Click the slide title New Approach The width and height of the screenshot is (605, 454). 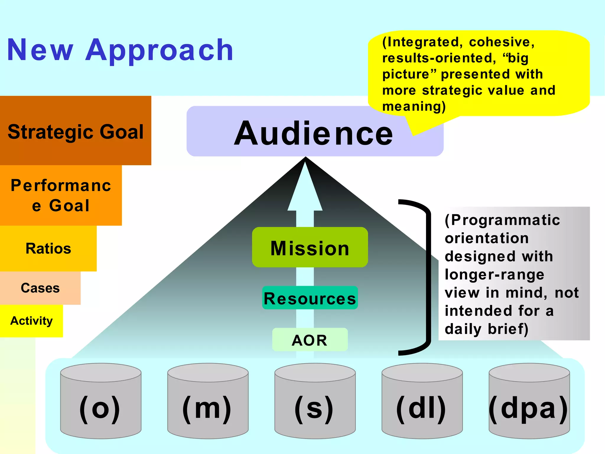[120, 50]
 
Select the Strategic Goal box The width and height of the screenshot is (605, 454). [76, 131]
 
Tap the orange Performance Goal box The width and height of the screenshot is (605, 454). [61, 195]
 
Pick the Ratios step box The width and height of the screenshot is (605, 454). [48, 248]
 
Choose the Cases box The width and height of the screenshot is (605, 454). [40, 288]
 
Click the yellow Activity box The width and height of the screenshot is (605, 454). [31, 321]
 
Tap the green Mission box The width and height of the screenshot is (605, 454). [310, 248]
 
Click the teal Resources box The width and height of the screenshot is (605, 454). [310, 298]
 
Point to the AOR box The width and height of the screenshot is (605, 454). [310, 340]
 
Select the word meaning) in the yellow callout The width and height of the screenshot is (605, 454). [414, 106]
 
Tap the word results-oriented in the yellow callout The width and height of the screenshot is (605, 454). [439, 58]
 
